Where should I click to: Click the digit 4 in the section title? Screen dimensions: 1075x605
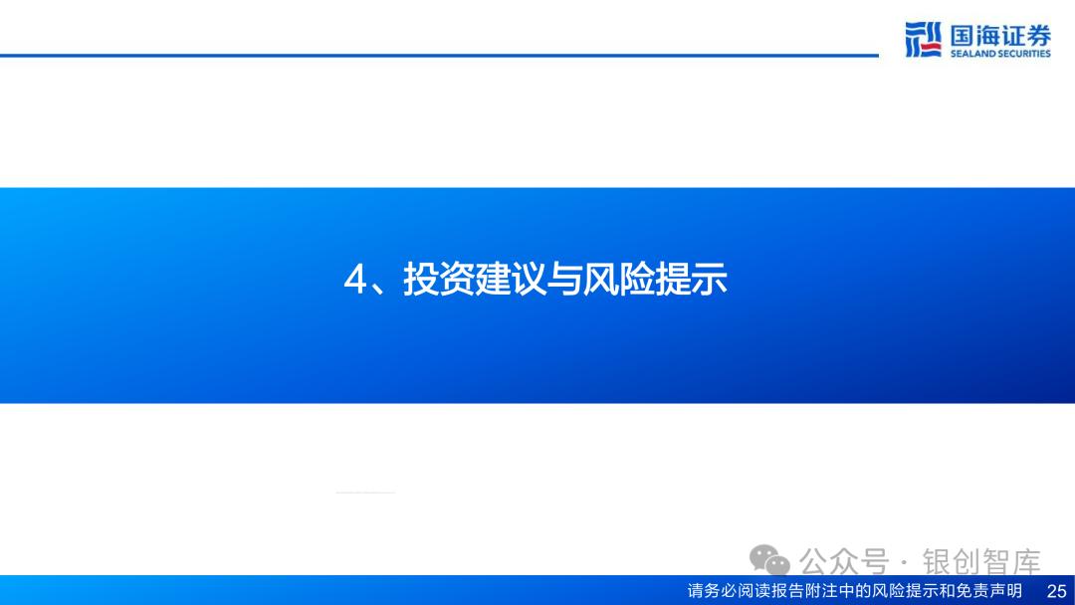pos(355,280)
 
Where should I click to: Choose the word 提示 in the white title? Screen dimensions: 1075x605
pos(691,279)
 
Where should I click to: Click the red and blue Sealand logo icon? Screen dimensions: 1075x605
pos(923,39)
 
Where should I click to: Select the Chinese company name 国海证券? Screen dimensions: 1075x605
pos(1000,35)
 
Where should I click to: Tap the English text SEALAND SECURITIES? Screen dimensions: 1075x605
pos(1000,54)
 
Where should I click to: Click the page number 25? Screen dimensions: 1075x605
pos(1056,591)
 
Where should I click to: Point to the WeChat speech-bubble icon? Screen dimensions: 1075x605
pos(769,560)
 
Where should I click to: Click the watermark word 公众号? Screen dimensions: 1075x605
pos(844,562)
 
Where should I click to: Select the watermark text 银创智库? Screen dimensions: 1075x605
pos(981,562)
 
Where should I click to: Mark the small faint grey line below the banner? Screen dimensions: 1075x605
pos(365,492)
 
